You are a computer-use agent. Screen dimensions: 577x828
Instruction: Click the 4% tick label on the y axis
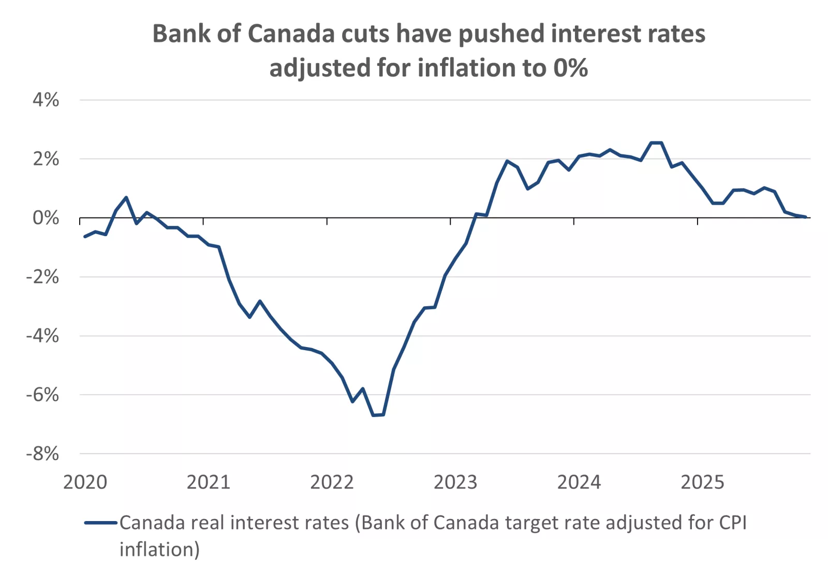click(x=46, y=100)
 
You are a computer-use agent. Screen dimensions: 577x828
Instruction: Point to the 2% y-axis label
click(x=46, y=159)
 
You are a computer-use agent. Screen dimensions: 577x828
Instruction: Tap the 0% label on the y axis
click(x=46, y=218)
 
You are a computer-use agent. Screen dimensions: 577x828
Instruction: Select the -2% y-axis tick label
click(x=42, y=277)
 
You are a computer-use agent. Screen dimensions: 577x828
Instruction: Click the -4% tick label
click(x=42, y=336)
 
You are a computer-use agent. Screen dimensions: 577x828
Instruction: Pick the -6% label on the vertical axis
click(x=42, y=395)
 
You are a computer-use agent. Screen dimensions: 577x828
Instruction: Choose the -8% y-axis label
click(x=42, y=454)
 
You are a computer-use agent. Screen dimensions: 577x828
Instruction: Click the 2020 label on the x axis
click(x=85, y=482)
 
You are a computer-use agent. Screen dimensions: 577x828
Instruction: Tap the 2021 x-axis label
click(x=208, y=482)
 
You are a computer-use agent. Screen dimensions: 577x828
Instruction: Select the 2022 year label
click(x=332, y=482)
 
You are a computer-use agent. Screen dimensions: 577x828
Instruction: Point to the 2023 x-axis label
click(x=455, y=482)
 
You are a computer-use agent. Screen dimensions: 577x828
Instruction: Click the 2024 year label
click(x=579, y=482)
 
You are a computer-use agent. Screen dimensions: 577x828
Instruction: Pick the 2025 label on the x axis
click(x=702, y=482)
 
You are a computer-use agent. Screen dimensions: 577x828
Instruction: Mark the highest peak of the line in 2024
click(x=656, y=142)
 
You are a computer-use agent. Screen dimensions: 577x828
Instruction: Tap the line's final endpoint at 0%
click(x=805, y=217)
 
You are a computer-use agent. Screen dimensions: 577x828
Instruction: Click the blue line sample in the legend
click(x=101, y=523)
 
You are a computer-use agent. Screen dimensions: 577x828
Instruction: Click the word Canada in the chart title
click(x=292, y=34)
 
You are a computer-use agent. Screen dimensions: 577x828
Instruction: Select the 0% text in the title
click(x=570, y=68)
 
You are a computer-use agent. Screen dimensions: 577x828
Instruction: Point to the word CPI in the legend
click(x=733, y=523)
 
